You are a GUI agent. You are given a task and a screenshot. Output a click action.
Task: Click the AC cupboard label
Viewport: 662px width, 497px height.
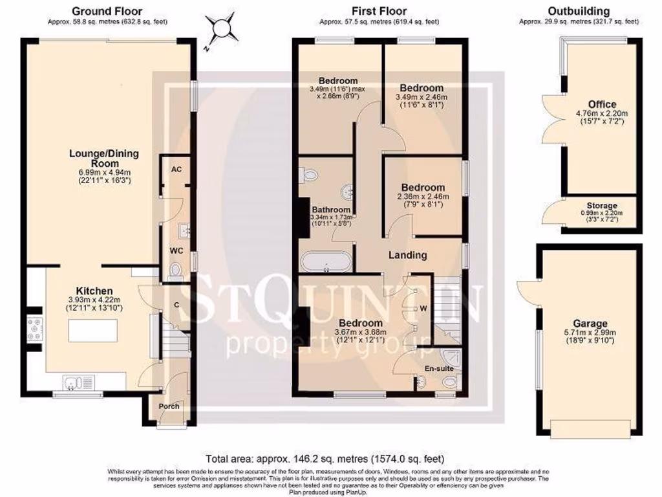click(x=175, y=169)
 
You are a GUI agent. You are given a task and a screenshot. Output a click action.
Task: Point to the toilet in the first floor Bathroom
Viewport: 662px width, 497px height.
click(x=309, y=174)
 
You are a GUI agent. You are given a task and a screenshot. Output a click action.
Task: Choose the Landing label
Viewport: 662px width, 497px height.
click(x=407, y=255)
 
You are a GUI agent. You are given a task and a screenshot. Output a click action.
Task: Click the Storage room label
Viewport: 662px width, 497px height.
click(x=601, y=206)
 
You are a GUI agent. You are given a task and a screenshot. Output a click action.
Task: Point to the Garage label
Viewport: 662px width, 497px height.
click(x=590, y=324)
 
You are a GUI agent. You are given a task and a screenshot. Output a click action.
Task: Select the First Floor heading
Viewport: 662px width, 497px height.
click(x=379, y=11)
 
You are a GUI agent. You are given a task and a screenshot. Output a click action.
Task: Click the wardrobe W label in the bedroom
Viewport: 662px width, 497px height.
click(x=423, y=308)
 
